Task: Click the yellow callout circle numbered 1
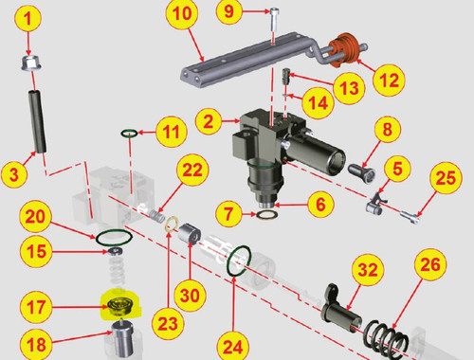pyautogui.click(x=28, y=18)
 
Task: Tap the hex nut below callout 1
pyautogui.click(x=31, y=63)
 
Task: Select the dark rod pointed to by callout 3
pyautogui.click(x=38, y=121)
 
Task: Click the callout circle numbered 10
pyautogui.click(x=182, y=13)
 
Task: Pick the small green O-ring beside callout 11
pyautogui.click(x=129, y=133)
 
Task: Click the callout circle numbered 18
pyautogui.click(x=36, y=344)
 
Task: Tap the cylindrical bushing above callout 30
pyautogui.click(x=190, y=234)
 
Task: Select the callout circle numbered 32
pyautogui.click(x=368, y=270)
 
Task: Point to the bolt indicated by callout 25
pyautogui.click(x=410, y=218)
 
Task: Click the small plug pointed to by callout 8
pyautogui.click(x=362, y=172)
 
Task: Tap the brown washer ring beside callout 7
pyautogui.click(x=267, y=215)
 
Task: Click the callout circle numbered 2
pyautogui.click(x=209, y=121)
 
